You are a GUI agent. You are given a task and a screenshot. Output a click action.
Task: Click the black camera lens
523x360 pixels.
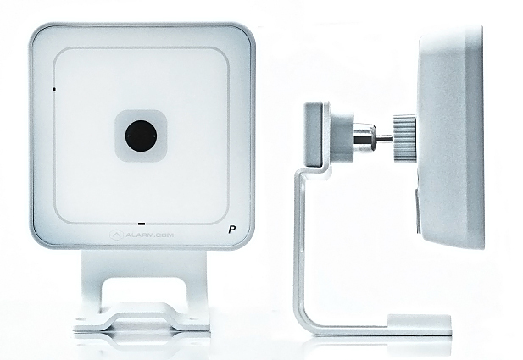point(141,136)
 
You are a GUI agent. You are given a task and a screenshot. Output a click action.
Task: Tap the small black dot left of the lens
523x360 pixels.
point(54,89)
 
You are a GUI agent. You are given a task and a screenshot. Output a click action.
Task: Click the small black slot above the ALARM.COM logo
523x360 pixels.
point(142,224)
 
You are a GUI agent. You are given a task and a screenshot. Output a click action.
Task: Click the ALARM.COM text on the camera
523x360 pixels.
point(149,235)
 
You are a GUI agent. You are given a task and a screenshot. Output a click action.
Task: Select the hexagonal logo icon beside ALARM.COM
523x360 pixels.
point(116,235)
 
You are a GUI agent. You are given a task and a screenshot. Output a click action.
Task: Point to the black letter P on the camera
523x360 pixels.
point(231,230)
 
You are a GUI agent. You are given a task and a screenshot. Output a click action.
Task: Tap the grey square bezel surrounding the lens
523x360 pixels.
point(141,136)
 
